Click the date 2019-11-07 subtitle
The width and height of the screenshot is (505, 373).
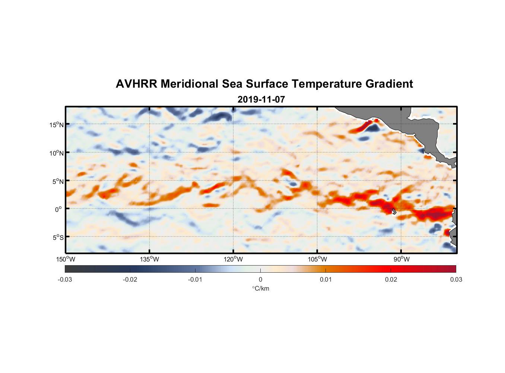[261, 100]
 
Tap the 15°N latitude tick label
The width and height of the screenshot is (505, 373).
[57, 125]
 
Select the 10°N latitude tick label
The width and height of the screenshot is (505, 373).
[57, 153]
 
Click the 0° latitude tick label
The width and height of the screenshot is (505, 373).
[58, 209]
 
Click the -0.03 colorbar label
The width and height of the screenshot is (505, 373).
[65, 280]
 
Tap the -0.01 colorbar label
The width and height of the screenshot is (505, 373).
[195, 280]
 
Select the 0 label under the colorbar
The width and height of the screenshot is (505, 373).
[260, 280]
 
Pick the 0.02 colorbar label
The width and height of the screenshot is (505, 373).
[391, 280]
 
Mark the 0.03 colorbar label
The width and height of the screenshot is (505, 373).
[456, 280]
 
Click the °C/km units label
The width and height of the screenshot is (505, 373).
[261, 288]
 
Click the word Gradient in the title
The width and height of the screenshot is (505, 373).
[389, 84]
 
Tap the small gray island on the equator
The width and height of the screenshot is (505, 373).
[394, 211]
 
